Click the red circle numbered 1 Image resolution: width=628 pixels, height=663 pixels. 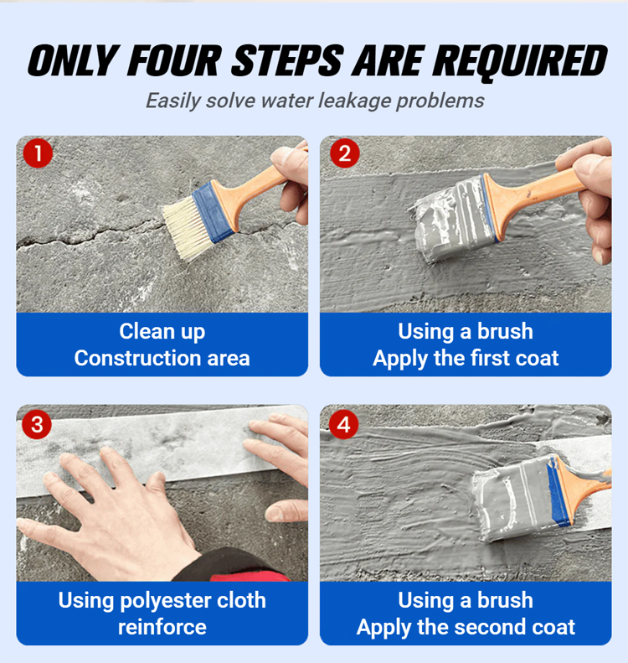tap(38, 153)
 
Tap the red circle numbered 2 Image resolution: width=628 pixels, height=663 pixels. tap(345, 153)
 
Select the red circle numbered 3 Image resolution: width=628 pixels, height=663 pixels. tap(37, 424)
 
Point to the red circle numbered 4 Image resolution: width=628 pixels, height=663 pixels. tap(344, 424)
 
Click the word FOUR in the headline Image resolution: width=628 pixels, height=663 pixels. tap(174, 60)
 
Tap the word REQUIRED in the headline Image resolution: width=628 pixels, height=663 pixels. tap(520, 62)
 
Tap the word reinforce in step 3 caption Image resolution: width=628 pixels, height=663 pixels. tap(162, 627)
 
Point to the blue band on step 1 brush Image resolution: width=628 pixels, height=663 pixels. tap(212, 211)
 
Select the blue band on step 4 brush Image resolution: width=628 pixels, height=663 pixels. tap(557, 492)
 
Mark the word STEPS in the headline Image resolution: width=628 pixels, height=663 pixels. tap(287, 60)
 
